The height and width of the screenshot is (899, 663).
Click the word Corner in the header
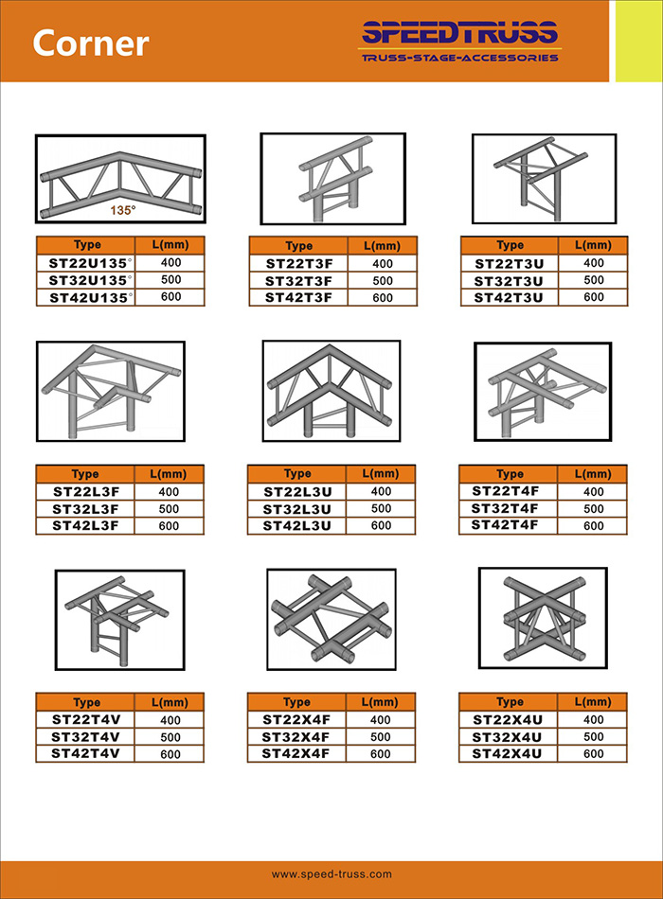pyautogui.click(x=91, y=43)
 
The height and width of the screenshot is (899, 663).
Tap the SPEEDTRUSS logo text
pyautogui.click(x=459, y=33)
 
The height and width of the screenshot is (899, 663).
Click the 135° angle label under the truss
pyautogui.click(x=123, y=210)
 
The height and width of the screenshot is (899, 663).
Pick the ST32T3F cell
pyautogui.click(x=298, y=281)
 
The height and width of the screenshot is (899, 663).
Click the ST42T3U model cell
pyautogui.click(x=509, y=297)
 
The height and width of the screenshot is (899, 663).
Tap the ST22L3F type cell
pyautogui.click(x=85, y=492)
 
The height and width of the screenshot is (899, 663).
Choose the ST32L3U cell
pyautogui.click(x=296, y=509)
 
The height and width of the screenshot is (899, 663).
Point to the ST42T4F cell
pyautogui.click(x=505, y=525)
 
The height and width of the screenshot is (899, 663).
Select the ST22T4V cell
pyautogui.click(x=86, y=719)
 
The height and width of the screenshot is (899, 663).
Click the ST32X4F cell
pyautogui.click(x=296, y=737)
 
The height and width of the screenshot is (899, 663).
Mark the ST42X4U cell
pyautogui.click(x=507, y=753)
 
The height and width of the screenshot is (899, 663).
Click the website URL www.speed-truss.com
pyautogui.click(x=331, y=874)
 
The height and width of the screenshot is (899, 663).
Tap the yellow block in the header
pyautogui.click(x=638, y=42)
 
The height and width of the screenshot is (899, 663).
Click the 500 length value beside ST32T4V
pyautogui.click(x=170, y=737)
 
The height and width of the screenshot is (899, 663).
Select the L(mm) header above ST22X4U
pyautogui.click(x=593, y=702)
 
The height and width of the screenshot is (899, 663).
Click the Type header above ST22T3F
pyautogui.click(x=299, y=246)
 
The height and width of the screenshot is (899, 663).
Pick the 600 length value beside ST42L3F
pyautogui.click(x=169, y=526)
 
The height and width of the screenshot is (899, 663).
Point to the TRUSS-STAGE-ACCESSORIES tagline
pyautogui.click(x=459, y=58)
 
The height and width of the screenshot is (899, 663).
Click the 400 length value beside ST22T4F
pyautogui.click(x=594, y=492)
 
